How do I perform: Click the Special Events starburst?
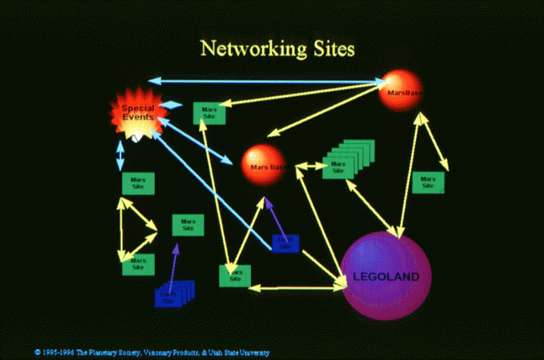pyautogui.click(x=137, y=114)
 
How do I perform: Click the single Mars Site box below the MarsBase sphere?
pyautogui.click(x=428, y=182)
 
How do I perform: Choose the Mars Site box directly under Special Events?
pyautogui.click(x=137, y=182)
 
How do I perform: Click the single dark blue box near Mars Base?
pyautogui.click(x=285, y=243)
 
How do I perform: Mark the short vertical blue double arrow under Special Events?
pyautogui.click(x=121, y=155)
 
